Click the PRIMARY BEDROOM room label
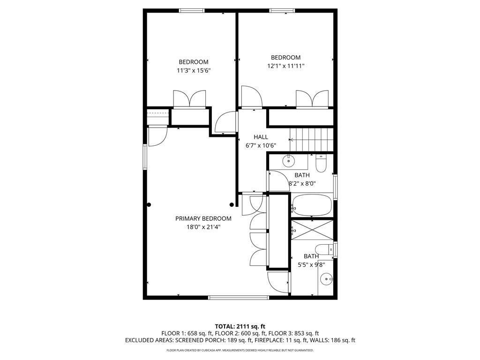[x=203, y=218]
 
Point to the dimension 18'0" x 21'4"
[x=203, y=227]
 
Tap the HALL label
[x=261, y=137]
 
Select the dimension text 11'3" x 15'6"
[x=193, y=70]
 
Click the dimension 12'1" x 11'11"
[x=285, y=66]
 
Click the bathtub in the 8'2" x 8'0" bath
[x=312, y=206]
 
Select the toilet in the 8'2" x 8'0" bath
[x=321, y=164]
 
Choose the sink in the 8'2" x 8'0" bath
[x=288, y=162]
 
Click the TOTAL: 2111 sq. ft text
[x=240, y=326]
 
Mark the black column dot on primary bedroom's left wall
[x=149, y=204]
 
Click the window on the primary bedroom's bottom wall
[x=239, y=297]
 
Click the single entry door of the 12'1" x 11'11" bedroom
[x=251, y=97]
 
